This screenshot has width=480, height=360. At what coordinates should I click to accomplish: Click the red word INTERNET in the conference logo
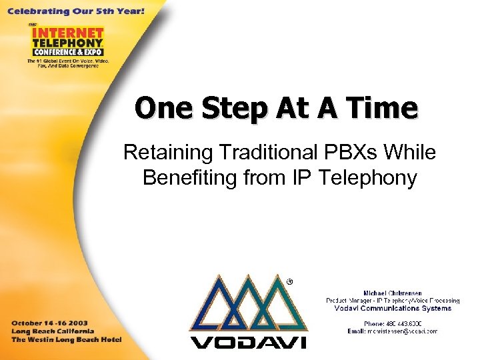tap(67, 33)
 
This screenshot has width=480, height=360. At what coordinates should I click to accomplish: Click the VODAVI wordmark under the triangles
tap(248, 342)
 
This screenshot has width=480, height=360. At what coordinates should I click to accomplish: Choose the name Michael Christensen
tap(393, 293)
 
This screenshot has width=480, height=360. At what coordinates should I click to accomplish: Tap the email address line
tap(393, 331)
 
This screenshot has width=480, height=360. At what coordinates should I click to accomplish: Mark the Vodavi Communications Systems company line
tap(393, 308)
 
